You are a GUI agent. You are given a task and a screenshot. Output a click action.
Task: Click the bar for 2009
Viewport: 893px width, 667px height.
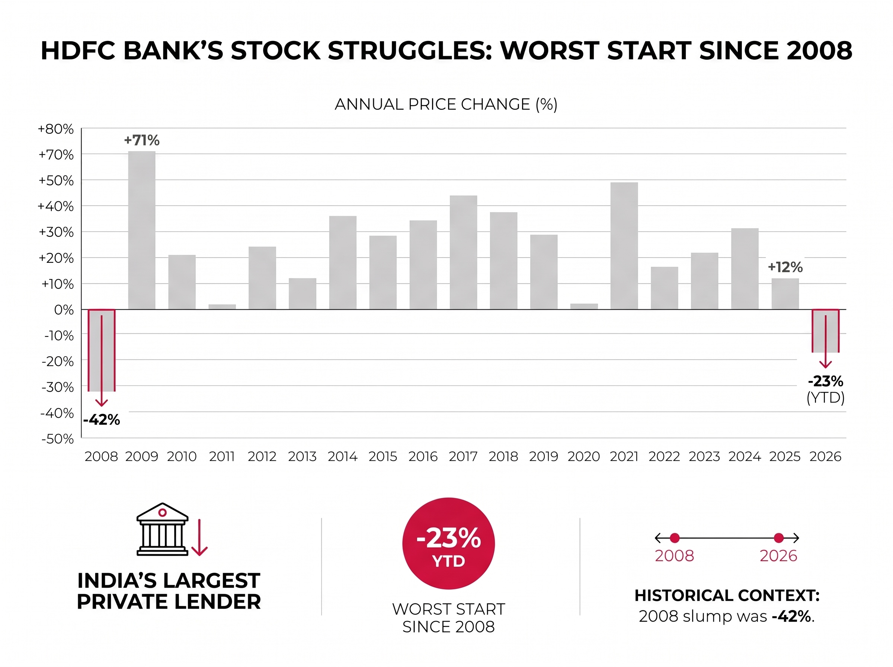tap(142, 230)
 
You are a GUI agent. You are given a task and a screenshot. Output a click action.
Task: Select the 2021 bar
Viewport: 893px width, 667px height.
tap(624, 246)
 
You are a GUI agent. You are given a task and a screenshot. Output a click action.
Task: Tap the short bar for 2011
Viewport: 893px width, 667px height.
tap(222, 307)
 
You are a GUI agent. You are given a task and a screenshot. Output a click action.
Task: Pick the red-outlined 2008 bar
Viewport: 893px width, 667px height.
tap(102, 350)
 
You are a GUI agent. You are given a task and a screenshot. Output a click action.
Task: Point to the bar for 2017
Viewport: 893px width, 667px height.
tap(463, 252)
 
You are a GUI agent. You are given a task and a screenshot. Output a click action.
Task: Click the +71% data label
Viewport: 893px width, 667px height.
tap(142, 140)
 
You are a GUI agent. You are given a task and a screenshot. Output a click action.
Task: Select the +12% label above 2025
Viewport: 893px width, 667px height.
tap(785, 267)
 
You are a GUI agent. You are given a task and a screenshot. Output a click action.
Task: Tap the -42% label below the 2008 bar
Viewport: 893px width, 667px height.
tap(102, 420)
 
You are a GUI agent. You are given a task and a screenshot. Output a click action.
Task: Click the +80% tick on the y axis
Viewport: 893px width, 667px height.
tap(56, 129)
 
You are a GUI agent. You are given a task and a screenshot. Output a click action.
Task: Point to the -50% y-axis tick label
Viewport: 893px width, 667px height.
tap(57, 439)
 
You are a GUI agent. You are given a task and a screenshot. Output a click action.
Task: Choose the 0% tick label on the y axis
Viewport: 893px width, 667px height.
tap(64, 310)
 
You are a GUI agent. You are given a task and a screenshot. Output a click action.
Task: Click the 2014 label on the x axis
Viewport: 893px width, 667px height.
tap(343, 457)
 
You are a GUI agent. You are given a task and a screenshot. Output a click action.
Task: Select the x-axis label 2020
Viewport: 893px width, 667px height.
tap(583, 457)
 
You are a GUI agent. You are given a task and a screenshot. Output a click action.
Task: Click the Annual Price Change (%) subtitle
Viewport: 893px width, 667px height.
tap(446, 104)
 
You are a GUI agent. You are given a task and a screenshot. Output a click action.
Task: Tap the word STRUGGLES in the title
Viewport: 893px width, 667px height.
tap(410, 51)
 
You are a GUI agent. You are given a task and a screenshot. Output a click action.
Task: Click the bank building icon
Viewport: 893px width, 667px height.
tap(162, 529)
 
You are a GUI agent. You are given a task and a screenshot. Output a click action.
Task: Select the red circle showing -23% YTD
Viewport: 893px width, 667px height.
tap(448, 543)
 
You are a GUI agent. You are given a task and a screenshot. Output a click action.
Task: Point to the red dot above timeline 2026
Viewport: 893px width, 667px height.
tap(779, 538)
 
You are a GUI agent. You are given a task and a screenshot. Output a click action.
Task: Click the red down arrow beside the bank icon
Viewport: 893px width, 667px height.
tap(199, 537)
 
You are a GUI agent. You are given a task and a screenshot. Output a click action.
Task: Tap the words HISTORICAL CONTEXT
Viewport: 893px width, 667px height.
tap(727, 596)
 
